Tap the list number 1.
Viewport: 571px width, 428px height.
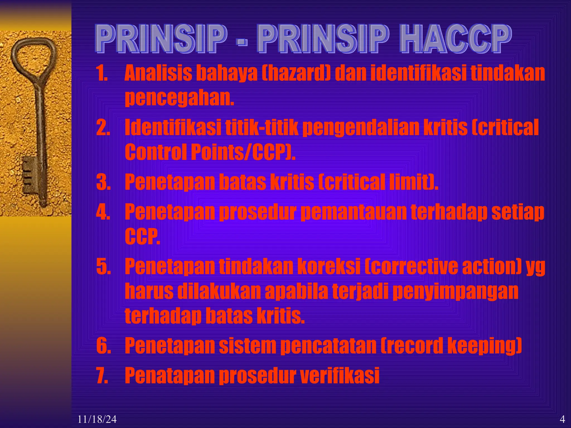coord(102,73)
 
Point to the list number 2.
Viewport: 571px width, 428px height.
coord(103,128)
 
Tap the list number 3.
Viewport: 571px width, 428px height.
coord(103,182)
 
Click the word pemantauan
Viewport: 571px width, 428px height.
coord(354,212)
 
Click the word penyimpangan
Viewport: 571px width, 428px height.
coord(456,291)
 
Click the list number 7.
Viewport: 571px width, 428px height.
coord(103,376)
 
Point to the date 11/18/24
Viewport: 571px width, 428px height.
coord(97,419)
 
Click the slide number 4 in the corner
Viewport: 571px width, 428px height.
coord(562,419)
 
